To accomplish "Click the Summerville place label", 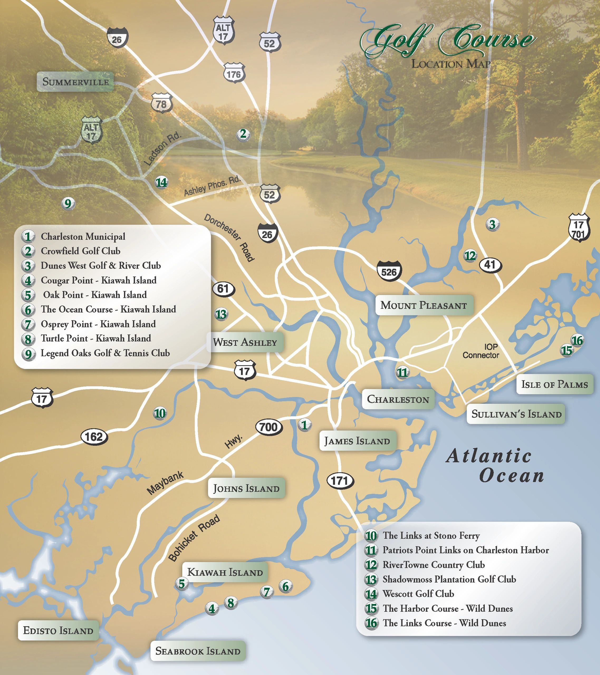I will tap(75, 81).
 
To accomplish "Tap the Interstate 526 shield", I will tap(389, 272).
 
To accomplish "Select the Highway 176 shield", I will tap(234, 74).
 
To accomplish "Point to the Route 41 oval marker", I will tap(490, 264).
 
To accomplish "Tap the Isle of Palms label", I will tap(554, 384).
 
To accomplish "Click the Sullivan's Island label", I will tap(516, 413).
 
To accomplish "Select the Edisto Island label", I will tap(58, 630).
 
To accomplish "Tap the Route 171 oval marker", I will tap(340, 481).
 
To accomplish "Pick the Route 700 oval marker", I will tap(268, 427).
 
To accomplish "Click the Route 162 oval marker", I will tap(94, 437).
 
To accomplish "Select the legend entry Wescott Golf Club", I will tap(418, 594).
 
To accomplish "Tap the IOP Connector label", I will tap(481, 351).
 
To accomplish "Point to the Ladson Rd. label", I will tap(162, 149).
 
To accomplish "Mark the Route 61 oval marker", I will tap(223, 289).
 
